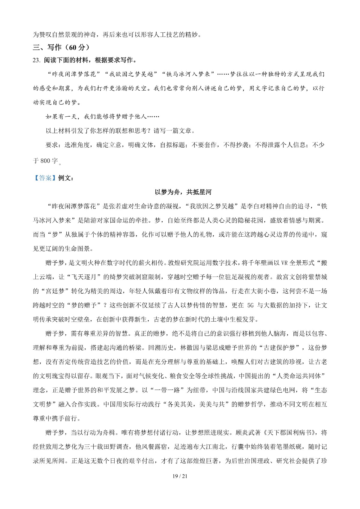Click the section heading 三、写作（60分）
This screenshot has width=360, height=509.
pyautogui.click(x=61, y=47)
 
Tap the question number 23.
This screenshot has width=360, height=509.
pyautogui.click(x=37, y=60)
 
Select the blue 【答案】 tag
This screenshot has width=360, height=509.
pyautogui.click(x=45, y=178)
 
